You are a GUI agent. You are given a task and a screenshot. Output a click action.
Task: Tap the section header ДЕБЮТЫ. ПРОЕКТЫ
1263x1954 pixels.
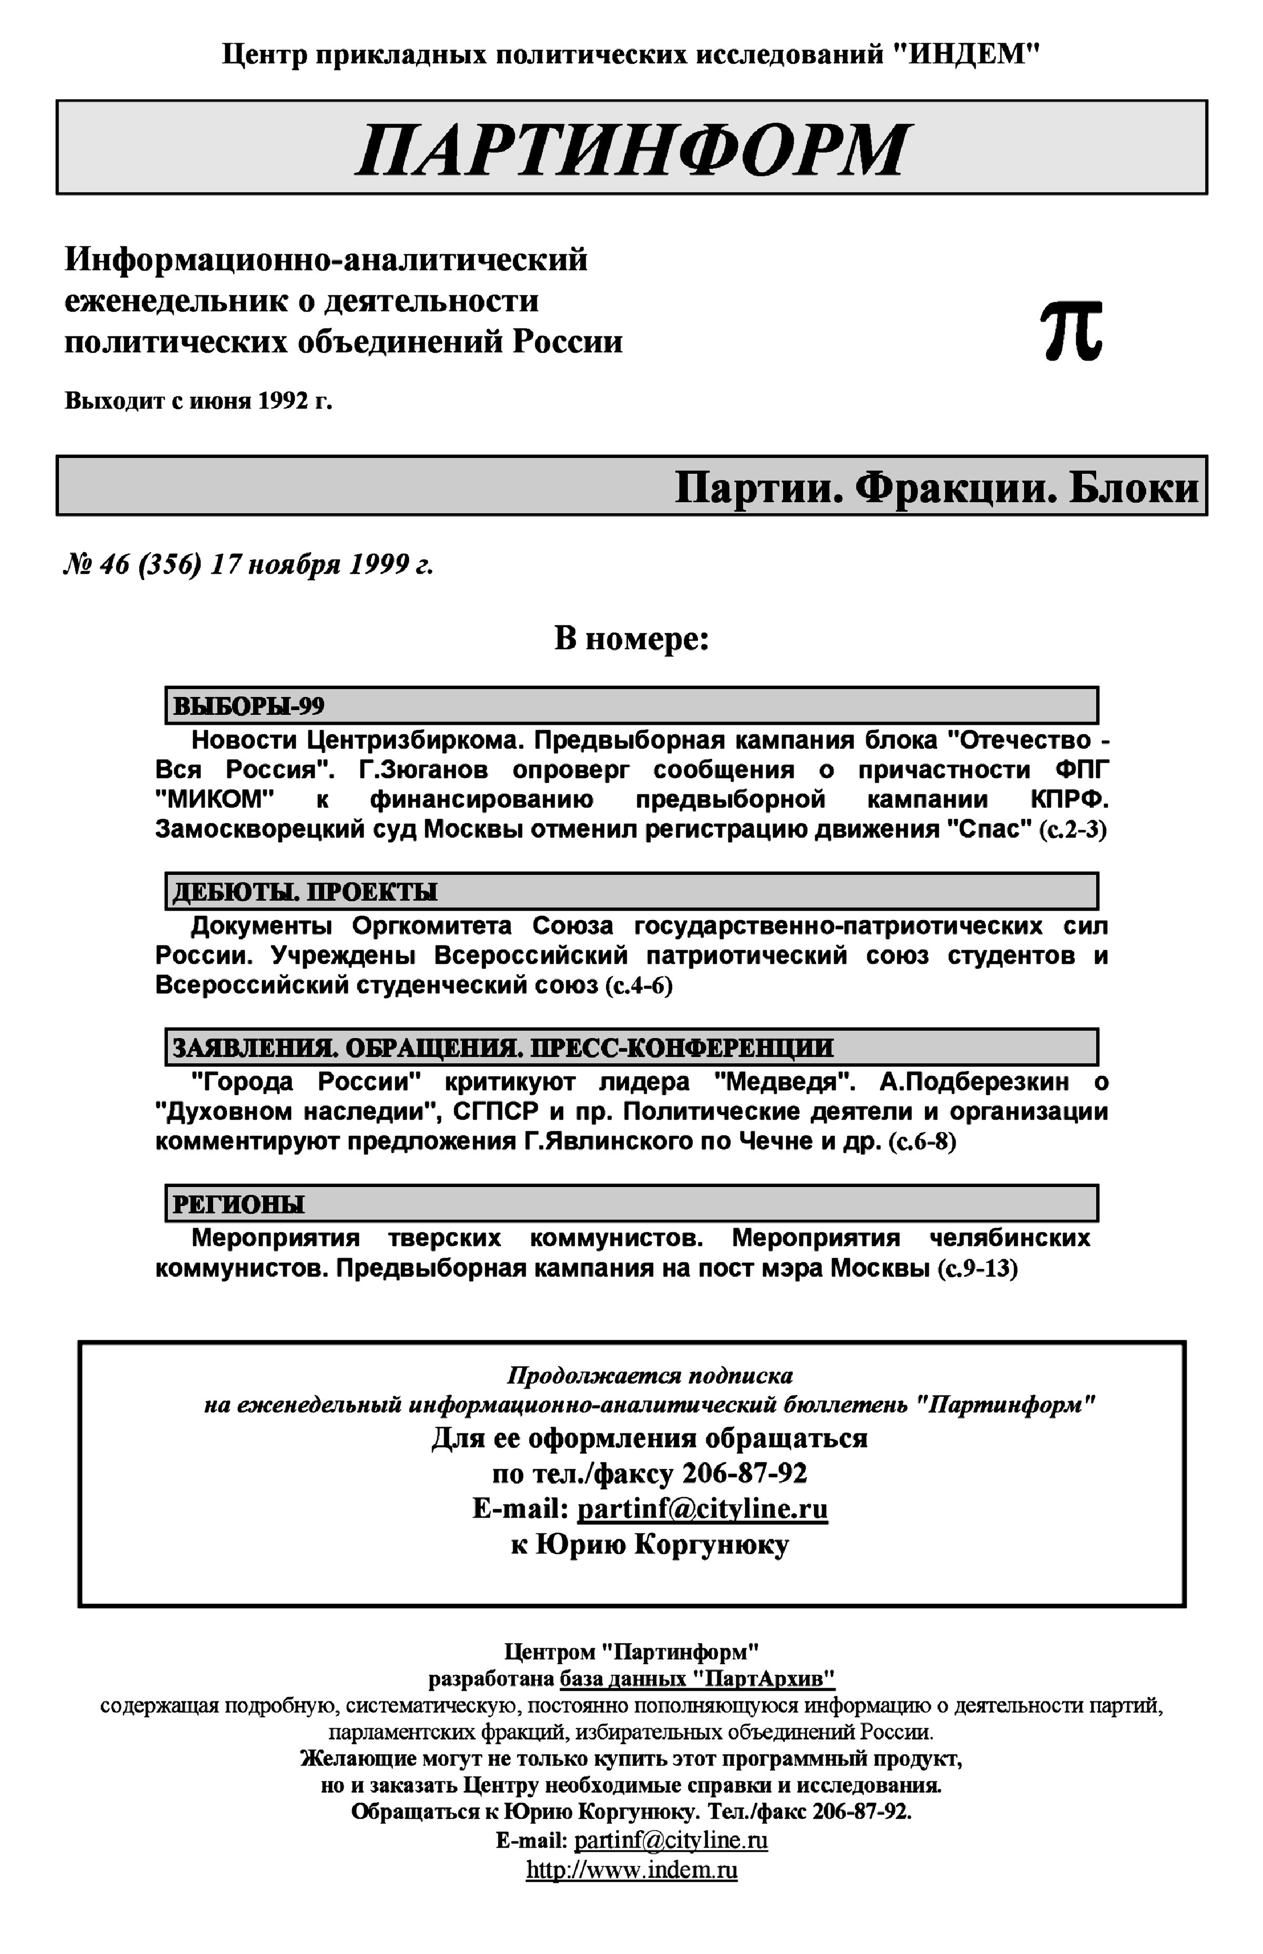tap(304, 892)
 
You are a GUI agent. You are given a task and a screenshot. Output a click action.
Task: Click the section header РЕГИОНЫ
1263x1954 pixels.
tap(238, 1204)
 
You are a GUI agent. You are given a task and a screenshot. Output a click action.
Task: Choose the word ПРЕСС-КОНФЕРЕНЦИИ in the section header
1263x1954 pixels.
tap(681, 1048)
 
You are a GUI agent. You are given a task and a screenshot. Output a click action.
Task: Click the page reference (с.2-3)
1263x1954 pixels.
tap(1072, 830)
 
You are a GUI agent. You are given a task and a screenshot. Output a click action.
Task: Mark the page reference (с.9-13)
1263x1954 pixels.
tap(978, 1269)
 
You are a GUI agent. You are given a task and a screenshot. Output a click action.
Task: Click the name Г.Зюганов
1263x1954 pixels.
tap(423, 770)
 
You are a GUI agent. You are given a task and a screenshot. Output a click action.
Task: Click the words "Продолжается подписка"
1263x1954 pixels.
tap(649, 1375)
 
